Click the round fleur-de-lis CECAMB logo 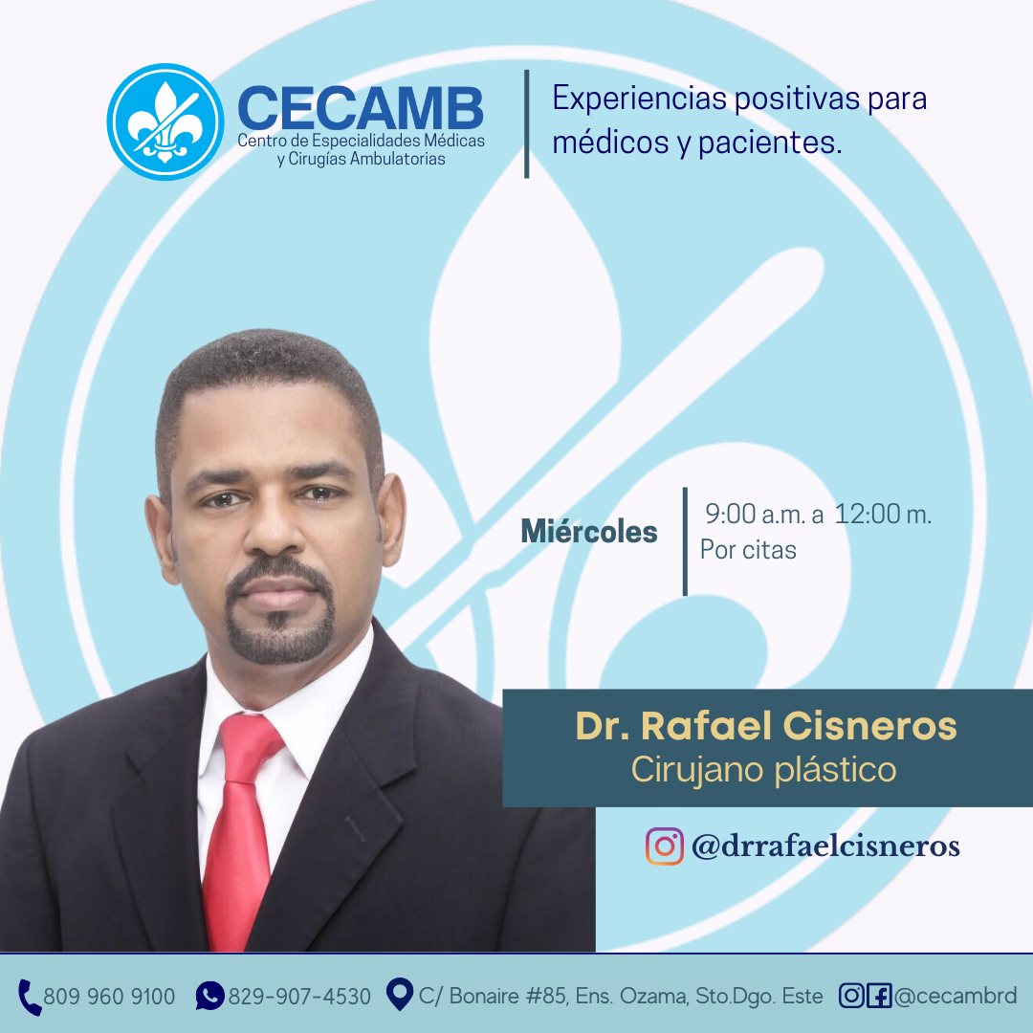[x=165, y=121]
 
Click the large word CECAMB [x=361, y=109]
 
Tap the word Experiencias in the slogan [x=639, y=99]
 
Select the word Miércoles [x=589, y=531]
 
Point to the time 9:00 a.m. [x=755, y=514]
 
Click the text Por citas [x=748, y=549]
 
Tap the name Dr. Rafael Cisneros [x=766, y=726]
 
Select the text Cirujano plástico [x=764, y=769]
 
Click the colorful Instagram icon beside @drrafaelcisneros [x=664, y=846]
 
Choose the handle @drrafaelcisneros [x=825, y=846]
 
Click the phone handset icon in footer [x=29, y=997]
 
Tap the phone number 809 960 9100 [x=109, y=996]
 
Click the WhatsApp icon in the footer [x=210, y=996]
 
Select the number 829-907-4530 [x=299, y=996]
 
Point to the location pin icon [x=399, y=994]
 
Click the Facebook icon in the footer [x=879, y=996]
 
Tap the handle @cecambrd [x=956, y=996]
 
